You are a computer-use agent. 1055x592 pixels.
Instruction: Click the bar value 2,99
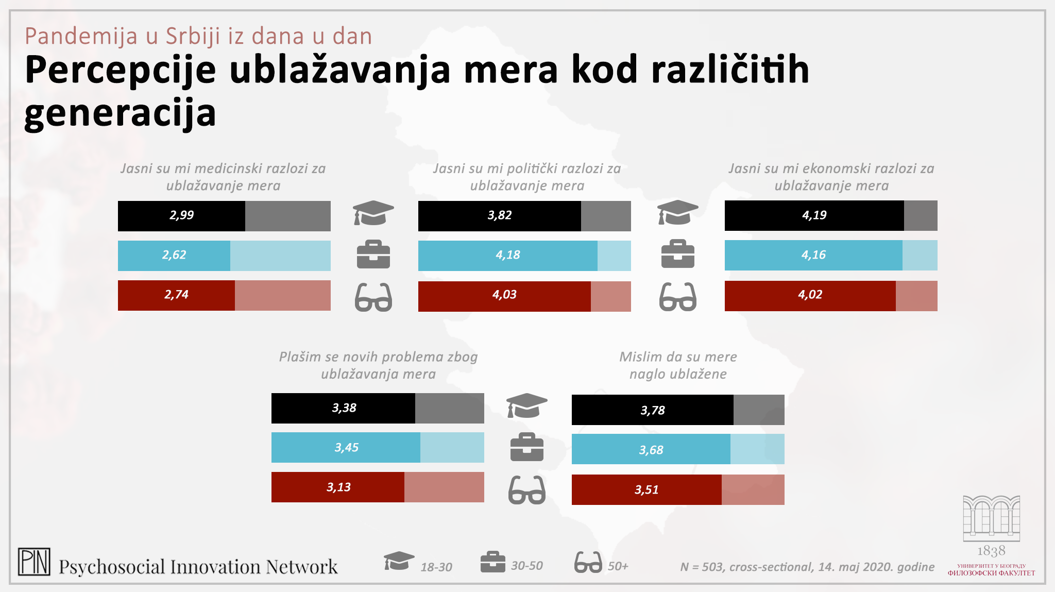pyautogui.click(x=182, y=215)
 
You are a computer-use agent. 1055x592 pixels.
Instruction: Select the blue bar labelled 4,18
pyautogui.click(x=508, y=255)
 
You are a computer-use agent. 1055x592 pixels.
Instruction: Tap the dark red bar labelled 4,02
pyautogui.click(x=810, y=295)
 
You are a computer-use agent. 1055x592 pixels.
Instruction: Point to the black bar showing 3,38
pyautogui.click(x=344, y=408)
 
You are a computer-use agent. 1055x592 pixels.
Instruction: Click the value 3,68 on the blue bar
pyautogui.click(x=651, y=450)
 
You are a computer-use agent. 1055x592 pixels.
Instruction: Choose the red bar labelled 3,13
pyautogui.click(x=338, y=487)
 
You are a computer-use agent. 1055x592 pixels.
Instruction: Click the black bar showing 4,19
pyautogui.click(x=814, y=215)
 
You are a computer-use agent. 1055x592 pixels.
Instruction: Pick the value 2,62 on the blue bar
pyautogui.click(x=174, y=255)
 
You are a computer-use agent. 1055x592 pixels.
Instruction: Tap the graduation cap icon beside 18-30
pyautogui.click(x=399, y=561)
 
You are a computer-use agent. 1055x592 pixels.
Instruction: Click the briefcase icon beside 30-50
pyautogui.click(x=492, y=562)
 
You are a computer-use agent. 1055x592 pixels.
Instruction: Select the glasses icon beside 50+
pyautogui.click(x=588, y=562)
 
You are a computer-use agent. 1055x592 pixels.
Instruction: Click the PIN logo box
pyautogui.click(x=34, y=562)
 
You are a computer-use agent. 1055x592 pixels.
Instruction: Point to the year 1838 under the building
pyautogui.click(x=991, y=551)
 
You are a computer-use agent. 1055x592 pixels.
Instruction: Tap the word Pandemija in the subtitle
pyautogui.click(x=81, y=37)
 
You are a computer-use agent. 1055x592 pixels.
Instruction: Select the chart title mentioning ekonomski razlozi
pyautogui.click(x=831, y=177)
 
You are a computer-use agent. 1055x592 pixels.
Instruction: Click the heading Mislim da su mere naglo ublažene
pyautogui.click(x=678, y=365)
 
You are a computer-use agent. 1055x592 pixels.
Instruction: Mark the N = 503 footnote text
pyautogui.click(x=807, y=567)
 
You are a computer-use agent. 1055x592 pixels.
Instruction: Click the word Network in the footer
pyautogui.click(x=302, y=567)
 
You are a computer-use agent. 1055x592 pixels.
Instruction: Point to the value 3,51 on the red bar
pyautogui.click(x=646, y=490)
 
